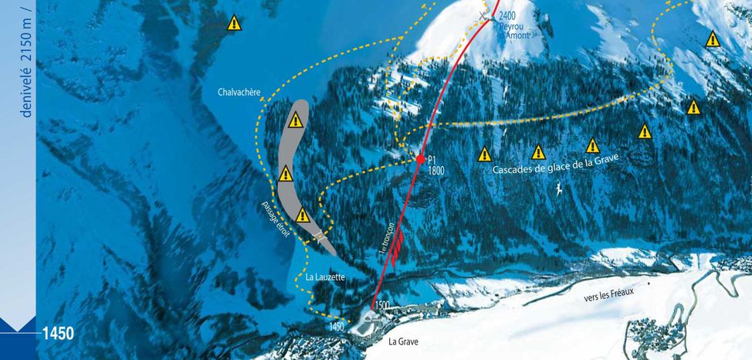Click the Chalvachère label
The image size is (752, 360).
tap(239, 93)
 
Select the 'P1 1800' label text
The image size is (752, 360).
tap(435, 165)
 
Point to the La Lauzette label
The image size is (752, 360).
tap(325, 277)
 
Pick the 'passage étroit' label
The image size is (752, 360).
tap(276, 219)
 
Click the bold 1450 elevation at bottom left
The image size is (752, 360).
tap(58, 334)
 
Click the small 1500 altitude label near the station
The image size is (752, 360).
tap(382, 306)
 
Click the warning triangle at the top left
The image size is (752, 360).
tap(234, 22)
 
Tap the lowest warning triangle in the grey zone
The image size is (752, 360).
tap(303, 216)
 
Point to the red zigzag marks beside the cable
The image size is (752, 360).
tap(396, 250)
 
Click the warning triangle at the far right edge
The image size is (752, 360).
tap(712, 39)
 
